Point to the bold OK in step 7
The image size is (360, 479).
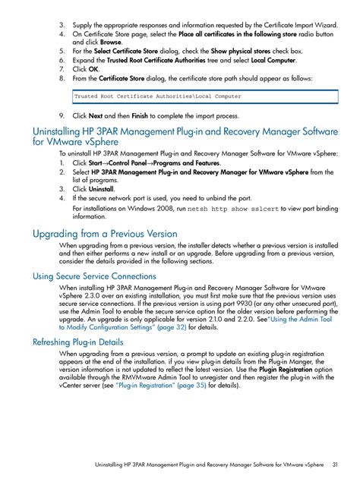point(93,68)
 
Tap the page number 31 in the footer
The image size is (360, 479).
point(335,464)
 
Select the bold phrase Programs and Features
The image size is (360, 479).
point(188,162)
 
